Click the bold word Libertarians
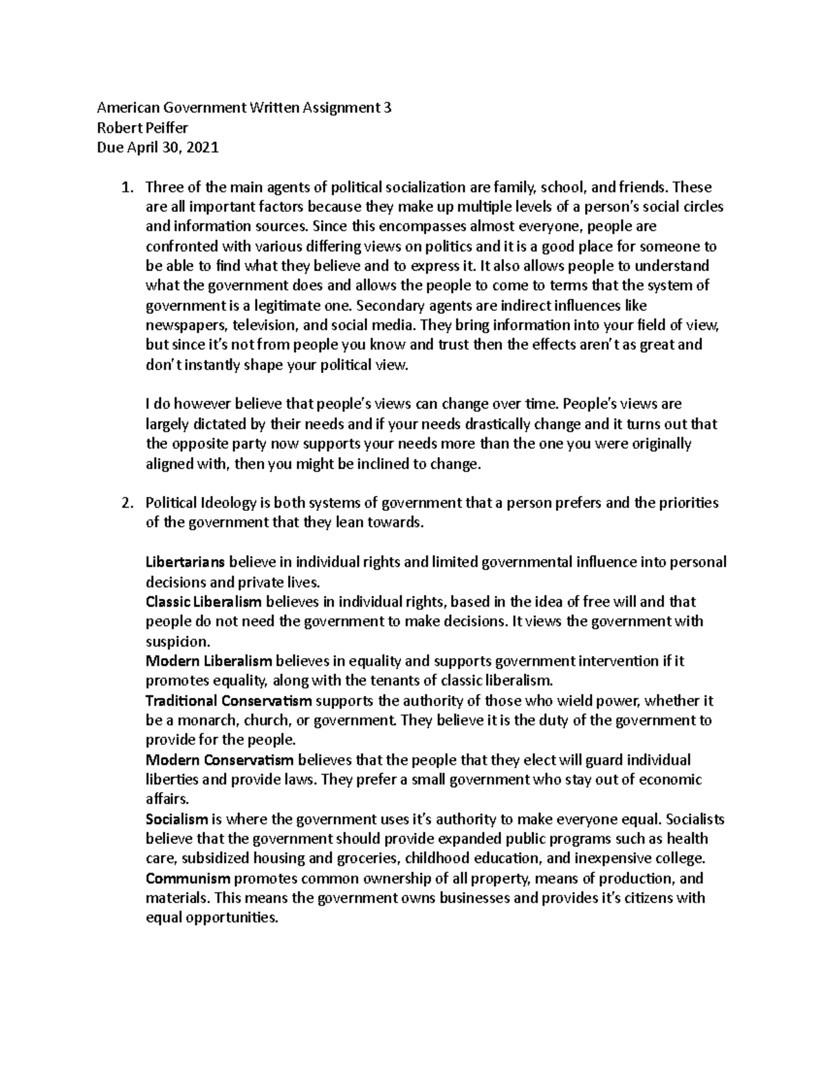(x=185, y=563)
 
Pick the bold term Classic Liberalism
(x=203, y=602)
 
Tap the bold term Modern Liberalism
(x=209, y=662)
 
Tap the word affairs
(x=165, y=800)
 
